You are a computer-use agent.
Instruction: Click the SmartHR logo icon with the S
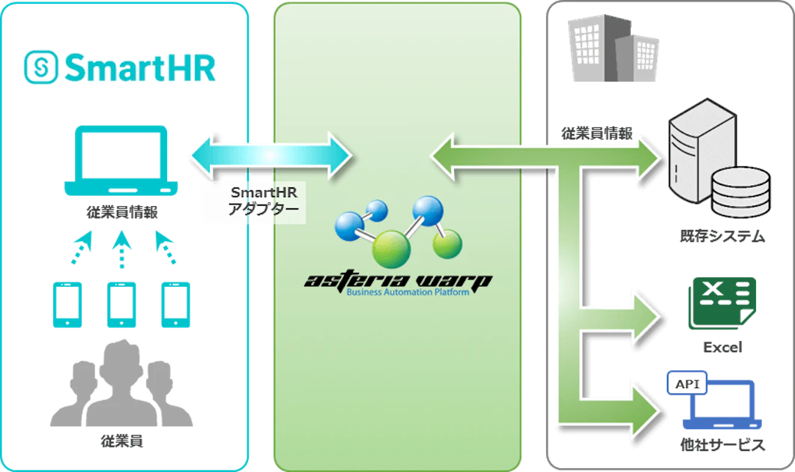(40, 67)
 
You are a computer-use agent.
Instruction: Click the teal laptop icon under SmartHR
(121, 161)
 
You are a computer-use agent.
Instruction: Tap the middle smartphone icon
(121, 305)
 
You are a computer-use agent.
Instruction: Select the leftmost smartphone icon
(67, 305)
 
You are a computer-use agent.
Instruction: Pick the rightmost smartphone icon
(175, 305)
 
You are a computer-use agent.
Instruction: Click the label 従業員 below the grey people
(121, 441)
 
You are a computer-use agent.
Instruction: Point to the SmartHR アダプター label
(264, 201)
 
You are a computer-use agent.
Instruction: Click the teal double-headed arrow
(271, 156)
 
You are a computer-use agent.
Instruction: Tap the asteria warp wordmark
(398, 282)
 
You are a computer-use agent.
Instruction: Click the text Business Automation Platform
(408, 292)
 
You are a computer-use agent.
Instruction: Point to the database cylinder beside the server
(741, 193)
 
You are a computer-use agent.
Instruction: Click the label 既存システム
(722, 236)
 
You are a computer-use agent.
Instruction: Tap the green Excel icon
(722, 303)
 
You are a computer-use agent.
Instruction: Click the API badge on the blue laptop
(687, 384)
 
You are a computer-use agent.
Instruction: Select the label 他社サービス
(722, 445)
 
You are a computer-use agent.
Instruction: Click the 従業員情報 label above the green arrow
(596, 133)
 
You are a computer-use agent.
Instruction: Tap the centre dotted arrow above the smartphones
(121, 249)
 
